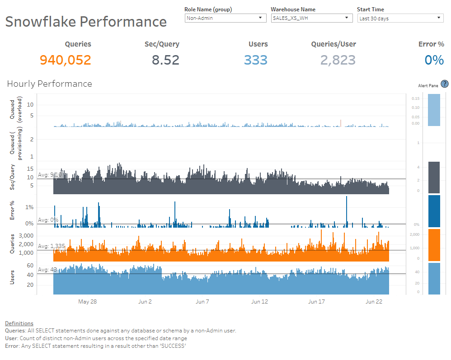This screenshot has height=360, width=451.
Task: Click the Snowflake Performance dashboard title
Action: coord(86,22)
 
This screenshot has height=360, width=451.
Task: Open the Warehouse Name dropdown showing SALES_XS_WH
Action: coord(311,18)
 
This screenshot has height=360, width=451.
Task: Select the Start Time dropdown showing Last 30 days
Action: coord(400,18)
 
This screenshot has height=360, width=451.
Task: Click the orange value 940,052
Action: coord(66,60)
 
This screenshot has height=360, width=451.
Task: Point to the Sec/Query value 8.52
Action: coord(165,60)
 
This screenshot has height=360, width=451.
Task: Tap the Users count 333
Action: coord(256,60)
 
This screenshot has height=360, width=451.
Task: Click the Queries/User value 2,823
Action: coord(338,60)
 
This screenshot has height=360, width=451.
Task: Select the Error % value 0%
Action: coord(434,60)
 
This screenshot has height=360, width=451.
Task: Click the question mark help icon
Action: coord(444,84)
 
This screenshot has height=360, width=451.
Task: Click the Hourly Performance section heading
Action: coord(49,84)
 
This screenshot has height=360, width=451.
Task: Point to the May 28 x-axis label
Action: coord(87,302)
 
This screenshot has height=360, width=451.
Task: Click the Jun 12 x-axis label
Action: coord(259,302)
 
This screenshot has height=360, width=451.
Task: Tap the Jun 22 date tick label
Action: coord(374,302)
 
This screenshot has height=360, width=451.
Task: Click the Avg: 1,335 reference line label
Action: coord(52,246)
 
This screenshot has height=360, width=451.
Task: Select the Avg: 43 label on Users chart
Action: coord(47,270)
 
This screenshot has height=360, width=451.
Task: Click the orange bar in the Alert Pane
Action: coord(434,245)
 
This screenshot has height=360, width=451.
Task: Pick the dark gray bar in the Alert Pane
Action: coord(434,178)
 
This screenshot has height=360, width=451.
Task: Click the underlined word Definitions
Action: coord(19,323)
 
